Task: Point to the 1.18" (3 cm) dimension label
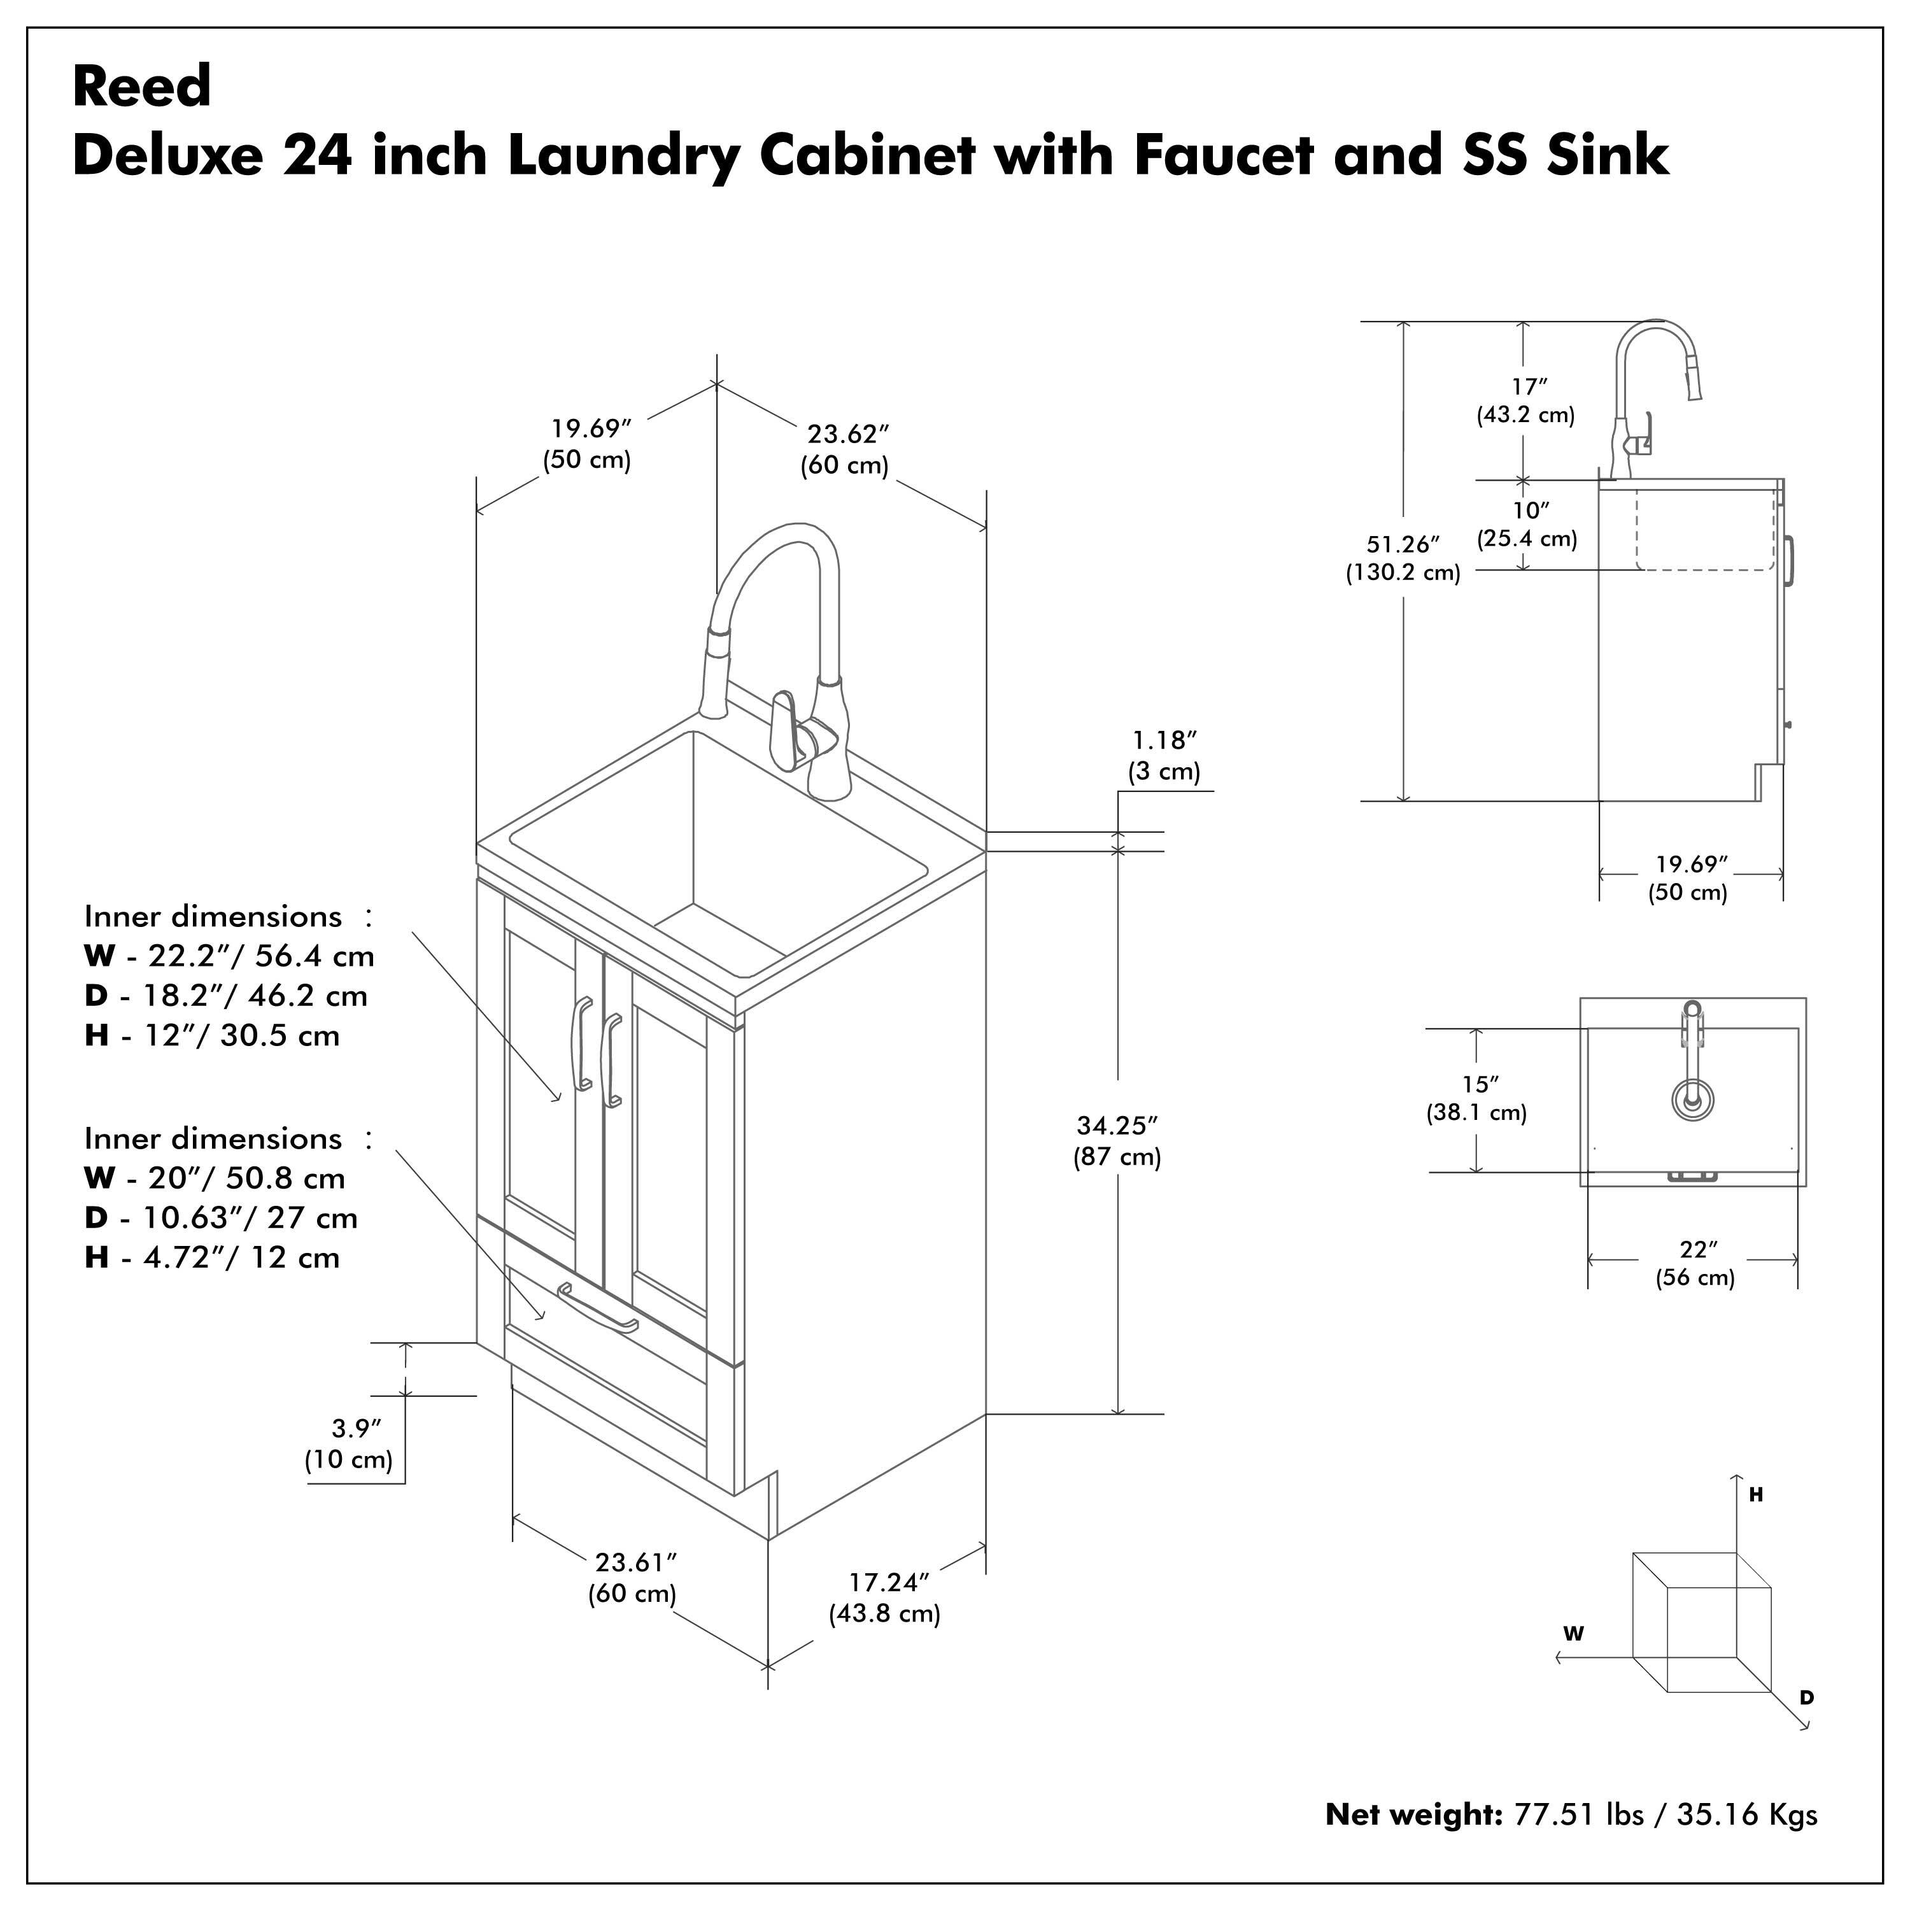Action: (x=1164, y=755)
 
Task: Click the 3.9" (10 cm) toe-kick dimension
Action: (x=349, y=1443)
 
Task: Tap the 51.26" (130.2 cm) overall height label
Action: (x=1403, y=558)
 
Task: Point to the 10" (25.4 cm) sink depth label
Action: (x=1527, y=524)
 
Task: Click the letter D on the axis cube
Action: (x=1806, y=1697)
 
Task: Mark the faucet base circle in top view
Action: (x=1692, y=1098)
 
